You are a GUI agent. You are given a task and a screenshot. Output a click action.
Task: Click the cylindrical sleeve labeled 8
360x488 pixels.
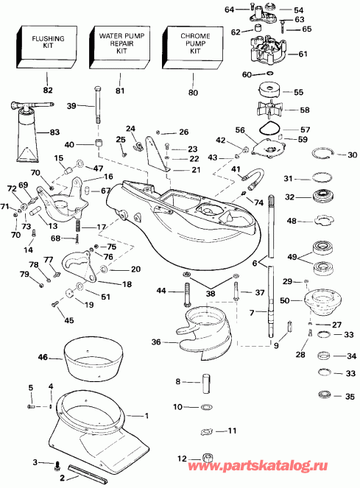point(207,383)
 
